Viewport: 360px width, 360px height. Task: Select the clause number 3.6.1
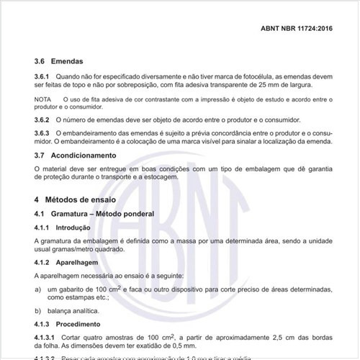pos(41,76)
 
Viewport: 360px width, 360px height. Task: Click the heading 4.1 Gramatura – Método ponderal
pos(98,214)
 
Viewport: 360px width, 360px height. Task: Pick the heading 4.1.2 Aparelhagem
pos(69,263)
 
